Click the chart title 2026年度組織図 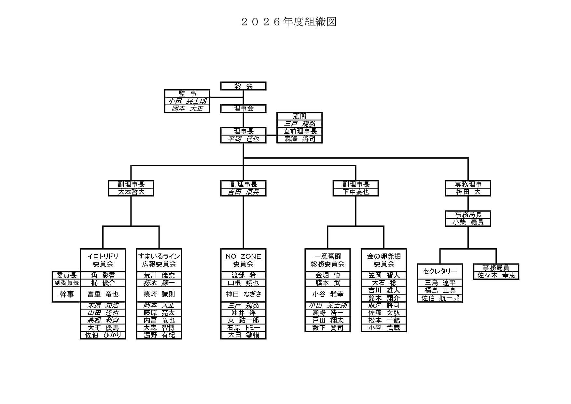coord(288,22)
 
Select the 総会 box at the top coord(243,86)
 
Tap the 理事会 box coord(243,108)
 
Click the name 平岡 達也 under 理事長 coord(243,139)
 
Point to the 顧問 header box coord(299,116)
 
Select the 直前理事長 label coord(299,131)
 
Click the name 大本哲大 coord(131,192)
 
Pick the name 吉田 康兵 coord(243,192)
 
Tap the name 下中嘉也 coord(355,192)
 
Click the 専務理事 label coord(468,184)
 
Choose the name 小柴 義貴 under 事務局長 coord(468,222)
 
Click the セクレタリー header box coord(440,271)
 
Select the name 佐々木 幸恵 coord(496,275)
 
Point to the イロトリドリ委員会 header coord(103,260)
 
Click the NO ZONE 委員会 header coord(243,260)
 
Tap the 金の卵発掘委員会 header coord(384,260)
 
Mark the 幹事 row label coord(66,294)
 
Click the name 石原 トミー coord(243,327)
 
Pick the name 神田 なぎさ coord(243,294)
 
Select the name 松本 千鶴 coord(384,320)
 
